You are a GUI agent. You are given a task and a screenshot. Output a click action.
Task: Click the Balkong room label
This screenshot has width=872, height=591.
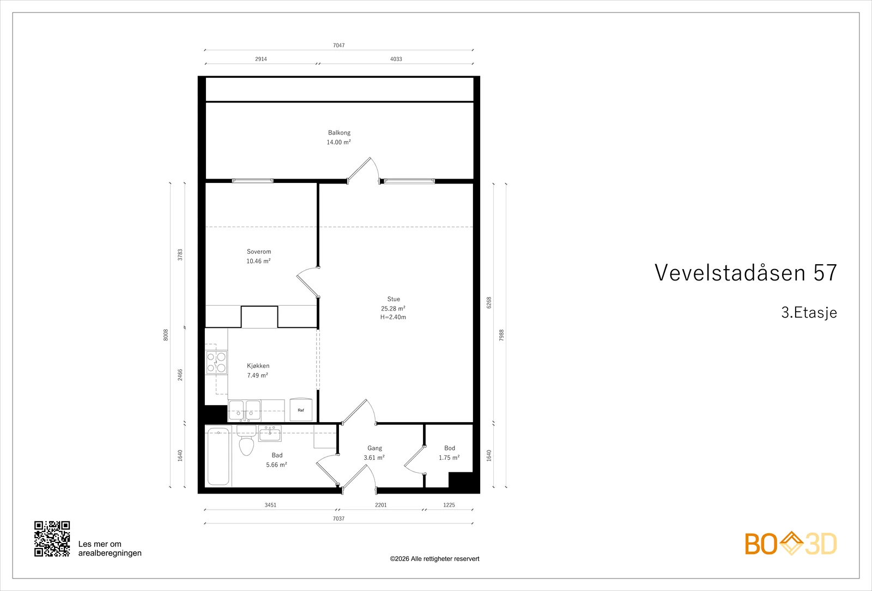pyautogui.click(x=339, y=133)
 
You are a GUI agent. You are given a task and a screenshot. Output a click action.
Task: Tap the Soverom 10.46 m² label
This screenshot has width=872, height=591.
pyautogui.click(x=258, y=257)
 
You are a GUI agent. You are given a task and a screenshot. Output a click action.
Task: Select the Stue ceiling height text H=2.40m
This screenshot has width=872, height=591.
pyautogui.click(x=393, y=317)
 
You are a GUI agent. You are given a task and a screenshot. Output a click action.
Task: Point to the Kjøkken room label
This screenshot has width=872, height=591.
pyautogui.click(x=258, y=365)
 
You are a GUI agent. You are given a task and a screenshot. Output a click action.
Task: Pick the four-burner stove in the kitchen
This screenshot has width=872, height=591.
pyautogui.click(x=216, y=363)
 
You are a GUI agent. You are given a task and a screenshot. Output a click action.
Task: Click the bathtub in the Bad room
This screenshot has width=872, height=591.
pyautogui.click(x=219, y=456)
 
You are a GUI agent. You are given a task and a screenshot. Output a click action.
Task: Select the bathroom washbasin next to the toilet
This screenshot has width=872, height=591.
pyautogui.click(x=270, y=433)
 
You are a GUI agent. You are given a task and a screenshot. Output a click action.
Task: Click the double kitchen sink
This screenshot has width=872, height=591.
pyautogui.click(x=245, y=411)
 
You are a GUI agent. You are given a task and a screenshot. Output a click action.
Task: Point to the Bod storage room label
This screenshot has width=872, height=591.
pyautogui.click(x=450, y=448)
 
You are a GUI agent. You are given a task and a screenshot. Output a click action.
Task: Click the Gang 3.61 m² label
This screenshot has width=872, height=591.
pyautogui.click(x=374, y=453)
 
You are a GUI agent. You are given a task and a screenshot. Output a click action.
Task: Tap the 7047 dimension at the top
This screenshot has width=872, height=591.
pyautogui.click(x=338, y=46)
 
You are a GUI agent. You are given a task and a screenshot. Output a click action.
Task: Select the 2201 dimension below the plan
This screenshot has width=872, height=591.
pyautogui.click(x=381, y=505)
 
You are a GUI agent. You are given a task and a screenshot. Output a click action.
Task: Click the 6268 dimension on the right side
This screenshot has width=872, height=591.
pyautogui.click(x=489, y=303)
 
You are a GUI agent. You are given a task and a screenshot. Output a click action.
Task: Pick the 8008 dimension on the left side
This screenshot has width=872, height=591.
pyautogui.click(x=166, y=335)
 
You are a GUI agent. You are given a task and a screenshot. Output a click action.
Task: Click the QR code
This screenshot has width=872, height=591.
pyautogui.click(x=52, y=539)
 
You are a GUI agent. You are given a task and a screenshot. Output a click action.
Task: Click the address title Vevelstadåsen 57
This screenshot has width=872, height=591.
pyautogui.click(x=746, y=272)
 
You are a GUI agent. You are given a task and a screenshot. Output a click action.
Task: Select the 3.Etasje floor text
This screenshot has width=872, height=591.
pyautogui.click(x=809, y=313)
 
